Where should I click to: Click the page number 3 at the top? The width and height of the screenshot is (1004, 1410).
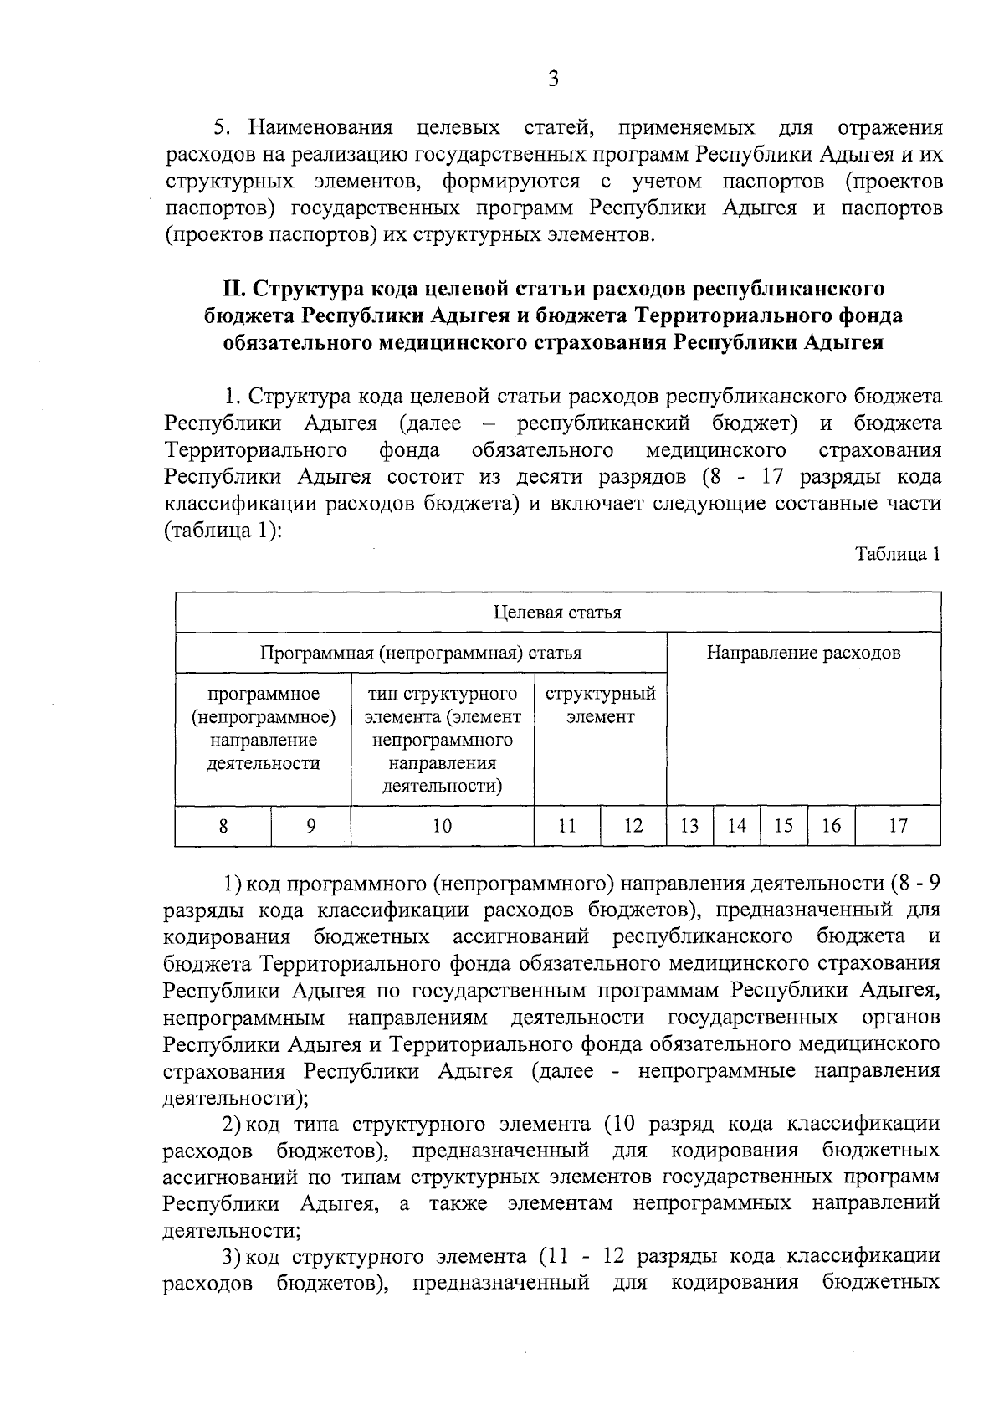(x=552, y=79)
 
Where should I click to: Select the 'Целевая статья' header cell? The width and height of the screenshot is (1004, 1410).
(x=557, y=612)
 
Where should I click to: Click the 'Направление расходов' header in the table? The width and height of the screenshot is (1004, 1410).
(x=803, y=653)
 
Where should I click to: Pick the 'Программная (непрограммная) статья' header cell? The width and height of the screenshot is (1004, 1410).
(x=421, y=653)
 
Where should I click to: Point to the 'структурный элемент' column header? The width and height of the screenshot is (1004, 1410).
(x=600, y=705)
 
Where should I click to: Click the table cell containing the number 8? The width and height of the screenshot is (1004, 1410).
(x=223, y=826)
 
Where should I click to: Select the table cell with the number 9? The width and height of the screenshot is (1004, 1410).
(x=310, y=826)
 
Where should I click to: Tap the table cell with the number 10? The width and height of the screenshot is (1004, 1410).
(x=442, y=826)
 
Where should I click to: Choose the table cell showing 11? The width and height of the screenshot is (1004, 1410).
(x=567, y=826)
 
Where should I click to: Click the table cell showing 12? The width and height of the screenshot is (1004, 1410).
(x=633, y=826)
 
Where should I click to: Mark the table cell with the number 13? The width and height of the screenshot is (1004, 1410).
(x=689, y=826)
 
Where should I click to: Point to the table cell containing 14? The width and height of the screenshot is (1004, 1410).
(x=736, y=826)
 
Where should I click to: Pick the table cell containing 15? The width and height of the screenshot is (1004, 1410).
(x=783, y=826)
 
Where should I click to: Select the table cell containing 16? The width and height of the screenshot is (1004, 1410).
(x=831, y=826)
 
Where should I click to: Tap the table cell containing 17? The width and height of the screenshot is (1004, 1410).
(x=898, y=826)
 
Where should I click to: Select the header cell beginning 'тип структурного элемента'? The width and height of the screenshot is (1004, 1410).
(x=442, y=740)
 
